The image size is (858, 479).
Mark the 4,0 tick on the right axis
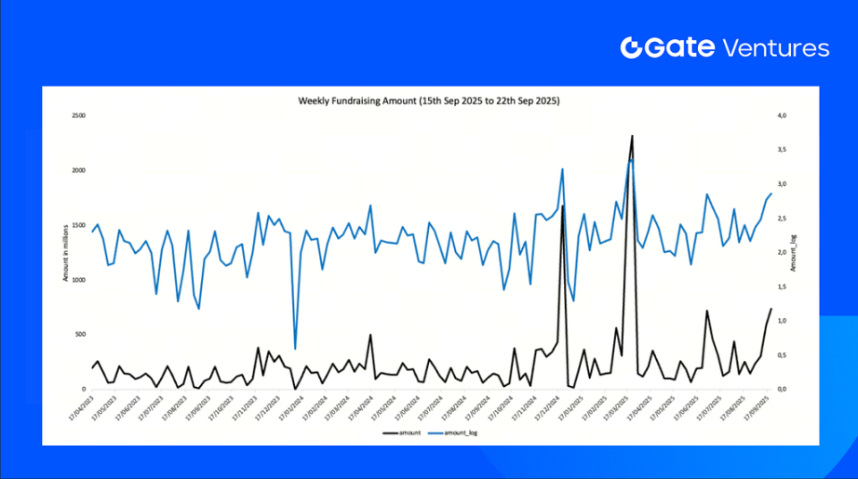point(783,116)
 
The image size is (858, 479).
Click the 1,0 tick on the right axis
point(783,321)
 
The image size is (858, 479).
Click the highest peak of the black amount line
point(632,136)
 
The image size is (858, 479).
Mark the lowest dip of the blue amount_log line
point(295,349)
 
